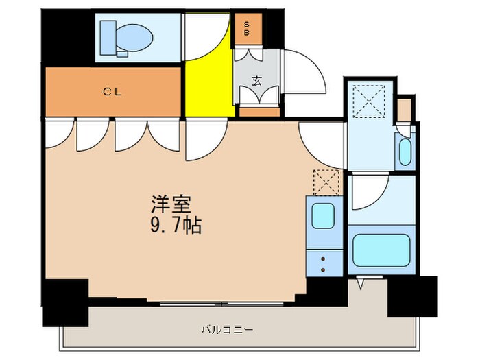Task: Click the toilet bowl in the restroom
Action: pos(134,38)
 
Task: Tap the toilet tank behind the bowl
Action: pos(108,38)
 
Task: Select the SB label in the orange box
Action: pos(247,28)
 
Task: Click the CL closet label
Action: pos(112,91)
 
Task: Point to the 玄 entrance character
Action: pos(256,80)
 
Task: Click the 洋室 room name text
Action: pos(171,204)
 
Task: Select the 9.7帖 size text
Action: pos(176,226)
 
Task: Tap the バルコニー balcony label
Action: pos(228,330)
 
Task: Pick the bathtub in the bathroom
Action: pos(381,250)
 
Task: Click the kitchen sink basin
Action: pos(323,216)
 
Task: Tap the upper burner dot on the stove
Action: pos(323,259)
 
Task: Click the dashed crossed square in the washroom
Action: pos(369,101)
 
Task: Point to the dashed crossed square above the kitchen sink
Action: pos(326,182)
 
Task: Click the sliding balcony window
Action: pos(221,304)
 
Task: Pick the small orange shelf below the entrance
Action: pos(259,112)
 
